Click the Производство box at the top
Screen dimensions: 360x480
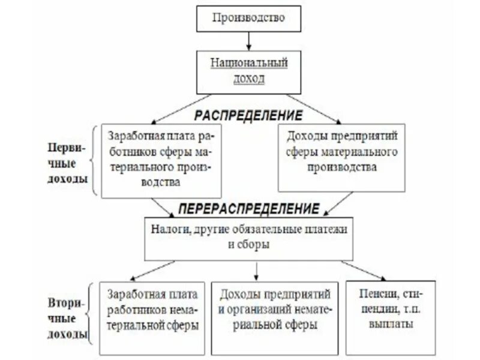pyautogui.click(x=247, y=19)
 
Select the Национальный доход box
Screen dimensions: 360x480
pyautogui.click(x=247, y=70)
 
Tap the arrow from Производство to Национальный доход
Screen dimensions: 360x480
pyautogui.click(x=247, y=41)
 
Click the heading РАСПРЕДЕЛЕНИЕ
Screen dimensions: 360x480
pyautogui.click(x=247, y=113)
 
